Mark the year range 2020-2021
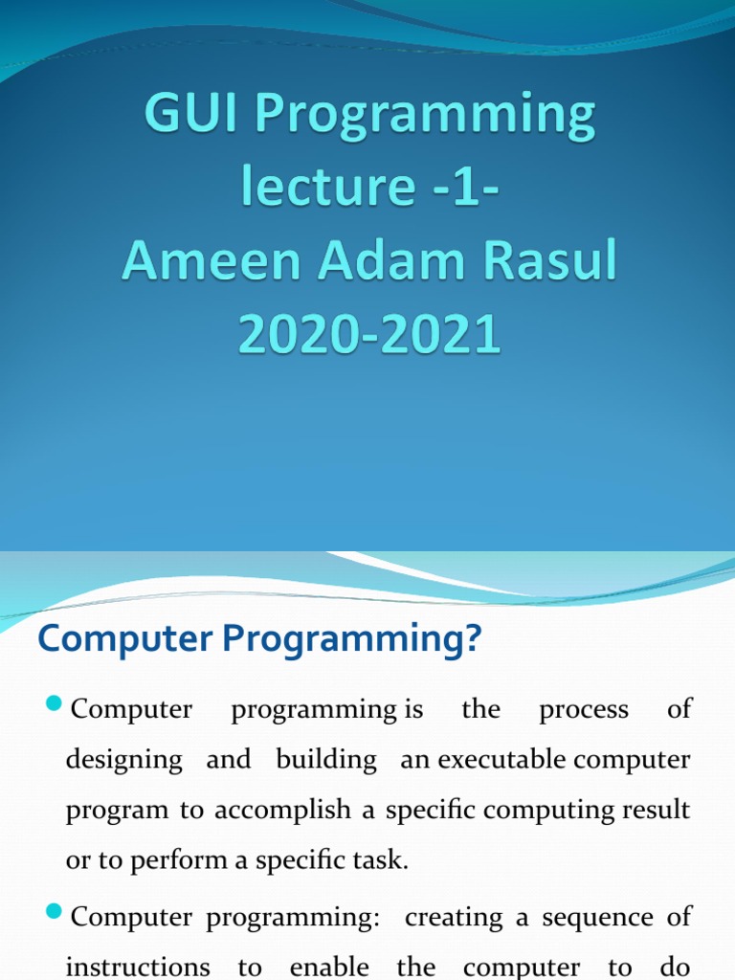368,335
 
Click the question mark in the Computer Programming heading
469,639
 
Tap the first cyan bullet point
54,706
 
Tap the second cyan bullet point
54,914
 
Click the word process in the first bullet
584,710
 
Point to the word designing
123,761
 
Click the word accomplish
282,811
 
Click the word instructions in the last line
138,967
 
